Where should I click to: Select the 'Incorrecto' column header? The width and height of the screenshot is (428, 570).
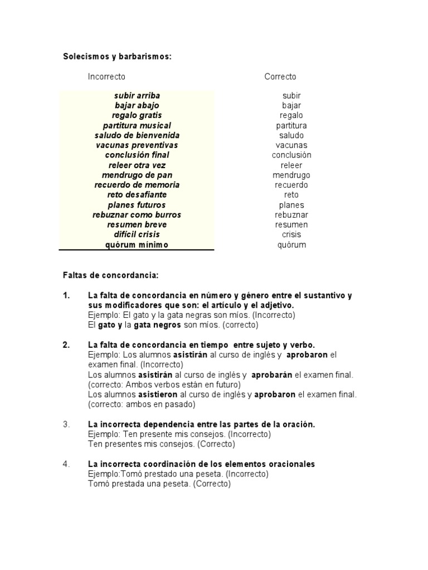pos(106,76)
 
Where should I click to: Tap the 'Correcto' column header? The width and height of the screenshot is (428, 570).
pos(280,76)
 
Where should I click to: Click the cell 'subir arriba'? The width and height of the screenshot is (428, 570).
pos(137,96)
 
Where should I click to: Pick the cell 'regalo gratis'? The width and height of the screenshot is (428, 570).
pos(137,115)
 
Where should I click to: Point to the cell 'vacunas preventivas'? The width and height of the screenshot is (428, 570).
pos(137,145)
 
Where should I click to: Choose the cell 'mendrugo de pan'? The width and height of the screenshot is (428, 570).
pos(137,175)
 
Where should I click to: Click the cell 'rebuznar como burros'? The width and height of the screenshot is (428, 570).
pos(137,215)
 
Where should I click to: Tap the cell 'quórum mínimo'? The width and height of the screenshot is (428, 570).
pos(137,244)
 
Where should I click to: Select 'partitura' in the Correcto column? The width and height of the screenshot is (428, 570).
pos(291,125)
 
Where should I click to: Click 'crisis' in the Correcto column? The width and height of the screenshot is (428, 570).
pos(291,234)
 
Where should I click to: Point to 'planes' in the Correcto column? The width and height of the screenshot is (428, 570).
pos(291,205)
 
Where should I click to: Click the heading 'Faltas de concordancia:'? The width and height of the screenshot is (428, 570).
pos(110,275)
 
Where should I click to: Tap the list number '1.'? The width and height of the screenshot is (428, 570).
pos(66,296)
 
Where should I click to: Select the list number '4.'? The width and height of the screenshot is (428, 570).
pos(66,464)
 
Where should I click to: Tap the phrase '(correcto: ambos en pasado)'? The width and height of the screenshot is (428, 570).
pos(142,405)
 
